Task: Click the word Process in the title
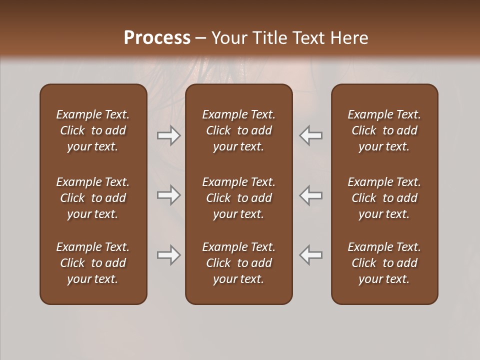pos(157,38)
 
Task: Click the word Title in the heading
pos(268,38)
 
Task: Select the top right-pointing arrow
pos(168,135)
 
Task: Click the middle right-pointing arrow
pos(168,195)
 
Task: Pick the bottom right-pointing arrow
pos(168,255)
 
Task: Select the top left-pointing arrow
pos(311,135)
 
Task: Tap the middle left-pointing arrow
pos(311,195)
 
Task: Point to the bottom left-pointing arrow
pos(311,255)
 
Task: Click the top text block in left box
pos(93,130)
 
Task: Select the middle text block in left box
pos(93,198)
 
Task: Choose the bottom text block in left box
pos(93,263)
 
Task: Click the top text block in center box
pos(239,130)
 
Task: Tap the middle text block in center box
pos(239,198)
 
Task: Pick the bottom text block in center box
pos(239,263)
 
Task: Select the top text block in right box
pos(384,130)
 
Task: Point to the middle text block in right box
pos(384,198)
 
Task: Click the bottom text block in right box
pos(384,263)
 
